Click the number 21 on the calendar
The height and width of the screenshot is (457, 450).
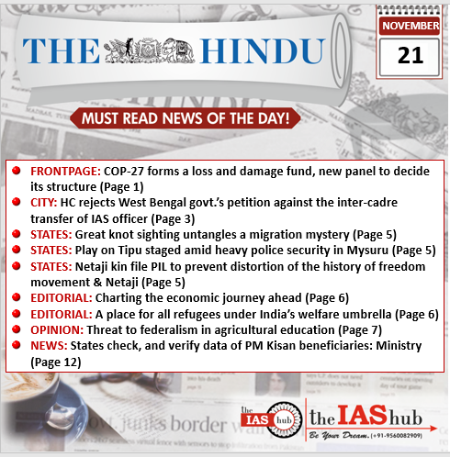(x=411, y=55)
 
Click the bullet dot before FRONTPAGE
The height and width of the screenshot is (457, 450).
(x=17, y=172)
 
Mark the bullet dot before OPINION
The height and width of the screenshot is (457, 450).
(x=17, y=329)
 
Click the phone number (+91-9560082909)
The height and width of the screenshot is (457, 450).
(x=410, y=435)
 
